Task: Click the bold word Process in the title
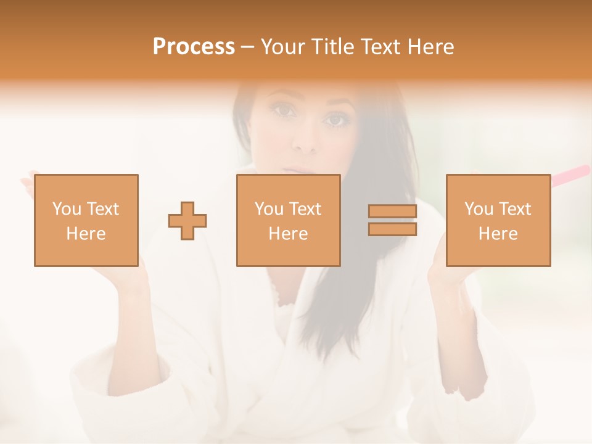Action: point(194,47)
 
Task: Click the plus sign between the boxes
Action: point(187,221)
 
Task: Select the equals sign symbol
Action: point(392,220)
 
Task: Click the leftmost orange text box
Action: point(86,220)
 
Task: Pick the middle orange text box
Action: point(289,220)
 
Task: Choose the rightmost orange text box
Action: point(498,220)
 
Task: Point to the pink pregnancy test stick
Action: point(570,175)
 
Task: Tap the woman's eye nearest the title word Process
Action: point(285,111)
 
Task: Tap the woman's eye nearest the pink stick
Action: point(335,120)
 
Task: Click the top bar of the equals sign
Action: point(392,212)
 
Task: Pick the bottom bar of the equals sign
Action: point(392,229)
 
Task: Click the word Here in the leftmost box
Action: point(86,234)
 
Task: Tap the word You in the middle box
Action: point(269,209)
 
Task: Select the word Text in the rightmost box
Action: point(516,209)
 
